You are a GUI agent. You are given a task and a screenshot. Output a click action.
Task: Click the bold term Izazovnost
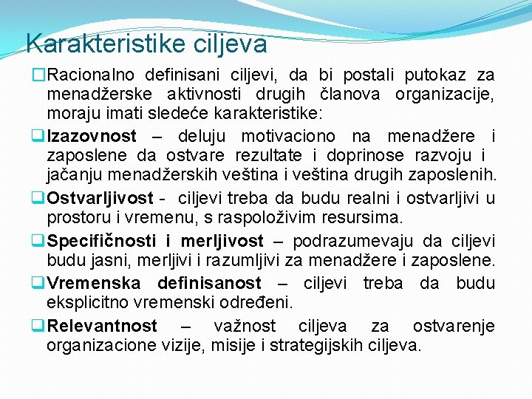coord(92,136)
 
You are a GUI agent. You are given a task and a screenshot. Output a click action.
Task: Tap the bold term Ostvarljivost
coord(99,198)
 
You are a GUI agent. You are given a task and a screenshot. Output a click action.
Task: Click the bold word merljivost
coord(222,241)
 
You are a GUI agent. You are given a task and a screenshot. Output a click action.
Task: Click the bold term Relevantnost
coord(102,326)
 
